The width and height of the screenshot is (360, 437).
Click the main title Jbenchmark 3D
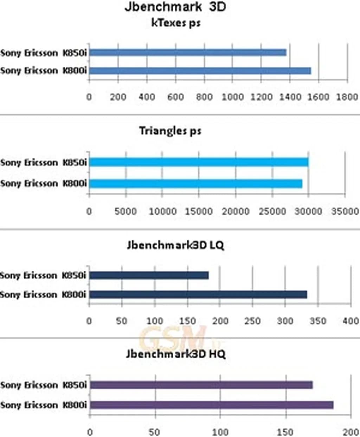175,7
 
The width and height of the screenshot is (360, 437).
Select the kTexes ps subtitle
176,23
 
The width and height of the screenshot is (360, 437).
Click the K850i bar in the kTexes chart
188,53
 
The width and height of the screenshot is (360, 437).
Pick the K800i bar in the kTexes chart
200,71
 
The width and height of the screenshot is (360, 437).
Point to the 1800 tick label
347,97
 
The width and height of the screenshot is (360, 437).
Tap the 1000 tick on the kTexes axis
233,97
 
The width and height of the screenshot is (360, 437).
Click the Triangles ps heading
170,131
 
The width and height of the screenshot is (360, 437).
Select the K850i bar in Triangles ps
199,162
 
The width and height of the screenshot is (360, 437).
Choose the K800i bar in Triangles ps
196,183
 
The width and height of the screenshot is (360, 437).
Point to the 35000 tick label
345,211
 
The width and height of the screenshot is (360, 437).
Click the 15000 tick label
199,211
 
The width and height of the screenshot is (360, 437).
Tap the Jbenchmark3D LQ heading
175,245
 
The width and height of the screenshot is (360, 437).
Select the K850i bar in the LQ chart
149,275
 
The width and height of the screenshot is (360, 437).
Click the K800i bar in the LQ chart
198,294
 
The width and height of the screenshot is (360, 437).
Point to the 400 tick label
351,321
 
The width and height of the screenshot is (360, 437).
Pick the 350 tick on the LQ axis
318,321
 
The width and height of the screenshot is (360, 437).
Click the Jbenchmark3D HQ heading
175,354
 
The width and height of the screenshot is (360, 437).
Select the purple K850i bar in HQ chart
201,385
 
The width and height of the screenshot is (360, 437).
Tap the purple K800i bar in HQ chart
212,405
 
